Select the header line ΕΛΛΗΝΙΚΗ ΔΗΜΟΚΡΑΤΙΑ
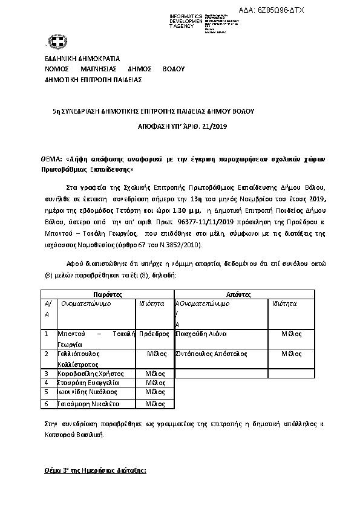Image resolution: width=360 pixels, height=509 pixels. click(82, 59)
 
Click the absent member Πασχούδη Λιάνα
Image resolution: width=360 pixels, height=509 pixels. click(200, 334)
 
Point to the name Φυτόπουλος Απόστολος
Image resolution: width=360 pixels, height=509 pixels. click(206, 354)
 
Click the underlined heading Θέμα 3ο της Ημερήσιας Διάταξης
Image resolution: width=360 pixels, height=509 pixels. click(96, 470)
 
